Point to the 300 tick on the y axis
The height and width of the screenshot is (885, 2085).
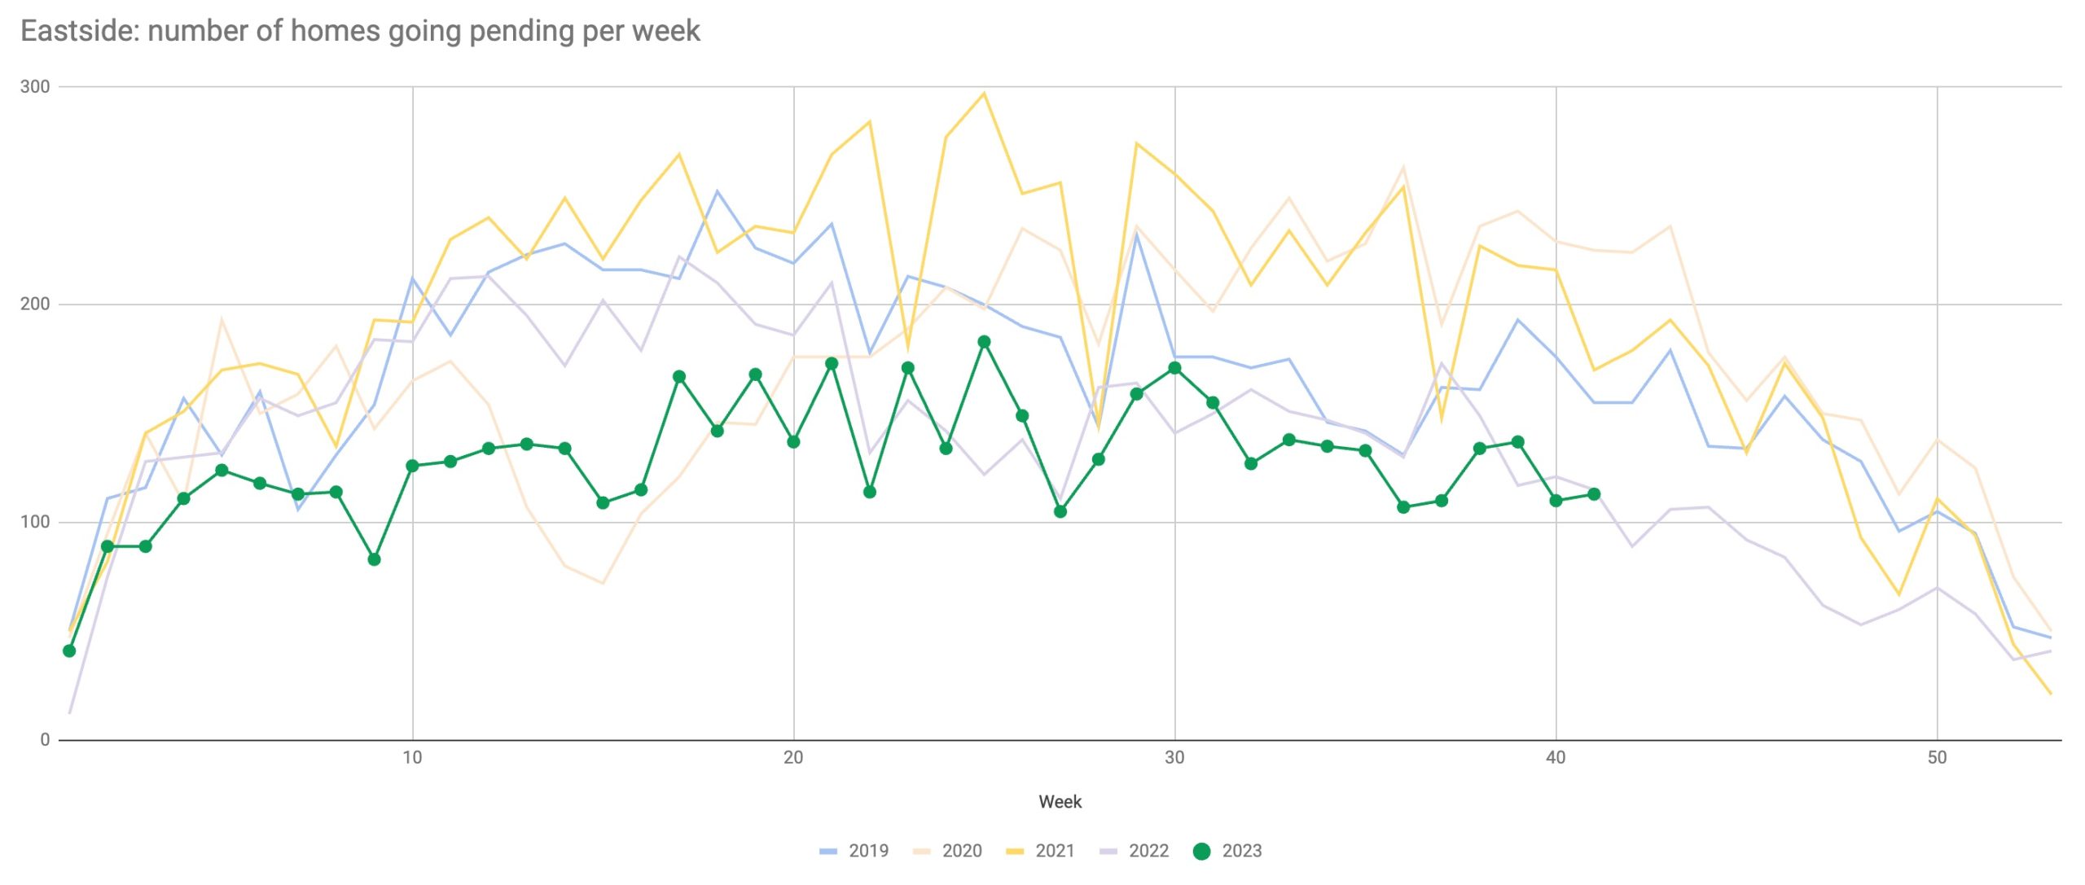pyautogui.click(x=34, y=86)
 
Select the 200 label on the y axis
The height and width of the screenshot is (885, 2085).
pyautogui.click(x=34, y=304)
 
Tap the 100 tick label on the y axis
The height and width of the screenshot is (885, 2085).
pyautogui.click(x=34, y=522)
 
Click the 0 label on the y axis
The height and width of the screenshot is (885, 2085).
pyautogui.click(x=45, y=740)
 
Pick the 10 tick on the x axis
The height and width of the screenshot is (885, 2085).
pyautogui.click(x=412, y=758)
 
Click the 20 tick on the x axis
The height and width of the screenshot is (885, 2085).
pyautogui.click(x=793, y=758)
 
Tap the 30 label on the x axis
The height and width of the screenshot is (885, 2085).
pyautogui.click(x=1174, y=758)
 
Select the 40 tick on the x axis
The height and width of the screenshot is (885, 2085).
pyautogui.click(x=1556, y=758)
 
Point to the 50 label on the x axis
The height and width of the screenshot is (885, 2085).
pyautogui.click(x=1937, y=758)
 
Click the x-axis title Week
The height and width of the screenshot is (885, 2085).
pyautogui.click(x=1060, y=802)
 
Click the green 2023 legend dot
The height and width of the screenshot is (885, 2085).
pyautogui.click(x=1201, y=851)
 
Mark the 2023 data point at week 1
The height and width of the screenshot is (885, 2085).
pyautogui.click(x=69, y=651)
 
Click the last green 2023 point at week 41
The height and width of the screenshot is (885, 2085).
pyautogui.click(x=1594, y=494)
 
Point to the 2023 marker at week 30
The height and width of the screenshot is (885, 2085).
pyautogui.click(x=1174, y=368)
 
